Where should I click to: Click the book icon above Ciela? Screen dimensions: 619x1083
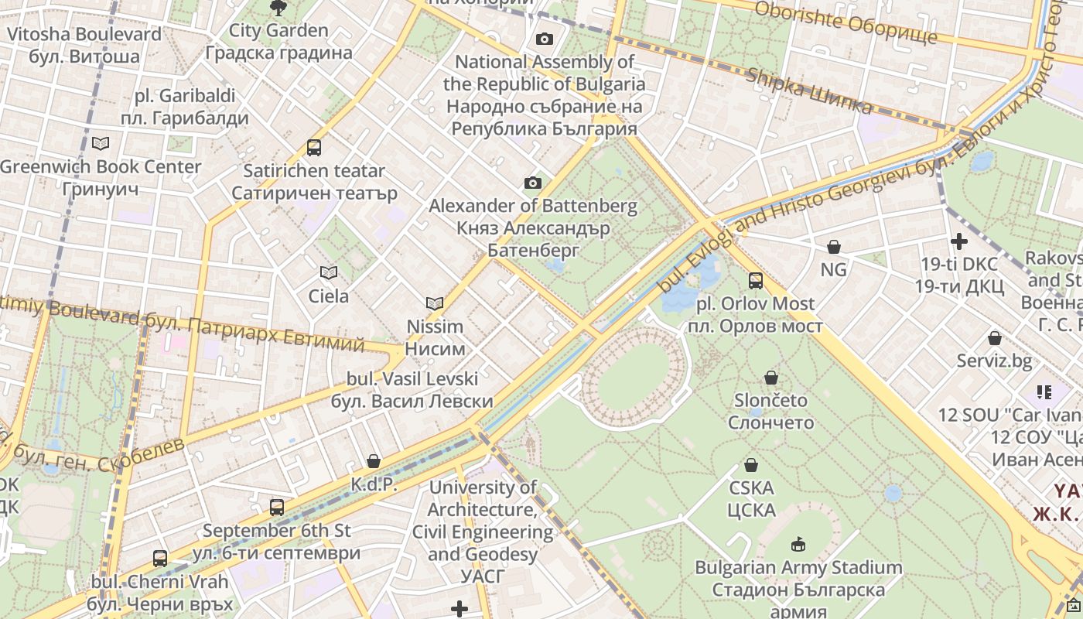pos(329,272)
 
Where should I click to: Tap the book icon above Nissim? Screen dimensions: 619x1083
pos(435,303)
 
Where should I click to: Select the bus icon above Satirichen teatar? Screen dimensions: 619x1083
pos(313,147)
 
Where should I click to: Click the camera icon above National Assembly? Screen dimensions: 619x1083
pos(545,39)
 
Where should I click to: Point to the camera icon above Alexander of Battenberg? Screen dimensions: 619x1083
pos(532,183)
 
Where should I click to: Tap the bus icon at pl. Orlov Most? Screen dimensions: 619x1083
pos(756,280)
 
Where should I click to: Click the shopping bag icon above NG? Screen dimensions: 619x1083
pos(833,247)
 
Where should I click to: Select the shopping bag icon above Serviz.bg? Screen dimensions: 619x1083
pos(994,338)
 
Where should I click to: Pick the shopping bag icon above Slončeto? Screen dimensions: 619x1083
pos(770,378)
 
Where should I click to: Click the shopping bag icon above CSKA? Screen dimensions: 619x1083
pos(750,465)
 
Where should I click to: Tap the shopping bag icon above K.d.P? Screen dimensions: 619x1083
pos(374,461)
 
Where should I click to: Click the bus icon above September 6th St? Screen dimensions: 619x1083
pos(276,508)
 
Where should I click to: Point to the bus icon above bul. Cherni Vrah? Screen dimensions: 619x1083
pos(160,558)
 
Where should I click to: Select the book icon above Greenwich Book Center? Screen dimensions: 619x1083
pos(100,143)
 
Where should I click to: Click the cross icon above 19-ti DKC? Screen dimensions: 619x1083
pos(958,241)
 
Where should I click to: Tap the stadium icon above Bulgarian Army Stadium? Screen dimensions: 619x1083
pos(798,545)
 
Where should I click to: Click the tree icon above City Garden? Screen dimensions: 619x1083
pos(278,8)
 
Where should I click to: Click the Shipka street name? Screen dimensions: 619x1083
pos(809,90)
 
